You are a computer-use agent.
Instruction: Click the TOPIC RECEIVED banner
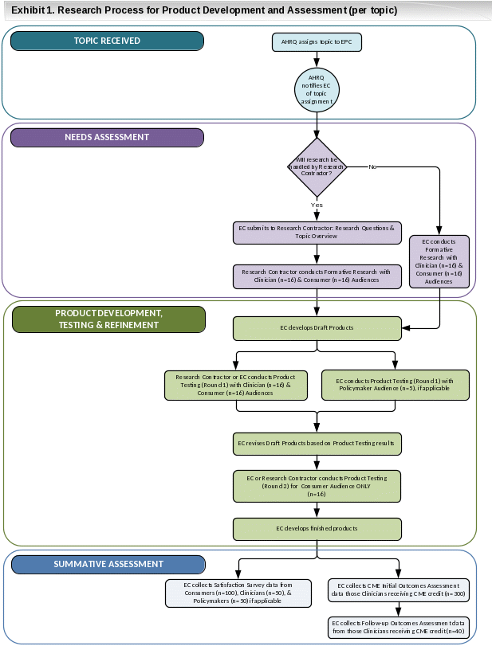pyautogui.click(x=107, y=41)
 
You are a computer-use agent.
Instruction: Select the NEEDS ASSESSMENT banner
pyautogui.click(x=107, y=137)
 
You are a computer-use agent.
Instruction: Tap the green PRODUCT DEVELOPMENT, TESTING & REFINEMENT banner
pyautogui.click(x=108, y=319)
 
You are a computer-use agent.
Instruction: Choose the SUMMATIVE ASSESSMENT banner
pyautogui.click(x=108, y=565)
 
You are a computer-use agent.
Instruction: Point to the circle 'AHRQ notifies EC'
pyautogui.click(x=317, y=89)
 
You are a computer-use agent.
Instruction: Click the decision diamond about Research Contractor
pyautogui.click(x=317, y=166)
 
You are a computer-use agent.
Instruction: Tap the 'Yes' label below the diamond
pyautogui.click(x=317, y=205)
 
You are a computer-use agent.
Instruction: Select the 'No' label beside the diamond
pyautogui.click(x=372, y=166)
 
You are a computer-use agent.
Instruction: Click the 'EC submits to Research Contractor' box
pyautogui.click(x=317, y=233)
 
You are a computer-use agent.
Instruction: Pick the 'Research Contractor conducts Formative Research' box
pyautogui.click(x=317, y=276)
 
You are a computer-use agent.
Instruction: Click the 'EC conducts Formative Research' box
pyautogui.click(x=439, y=260)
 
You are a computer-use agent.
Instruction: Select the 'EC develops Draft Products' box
pyautogui.click(x=317, y=327)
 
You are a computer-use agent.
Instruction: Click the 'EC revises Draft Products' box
pyautogui.click(x=317, y=442)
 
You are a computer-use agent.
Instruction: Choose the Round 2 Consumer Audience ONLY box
pyautogui.click(x=317, y=486)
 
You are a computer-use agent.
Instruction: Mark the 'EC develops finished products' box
pyautogui.click(x=317, y=528)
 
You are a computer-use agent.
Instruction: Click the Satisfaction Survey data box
pyautogui.click(x=238, y=593)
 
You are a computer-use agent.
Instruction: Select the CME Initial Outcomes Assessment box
pyautogui.click(x=398, y=589)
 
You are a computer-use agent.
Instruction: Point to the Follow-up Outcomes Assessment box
pyautogui.click(x=398, y=626)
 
